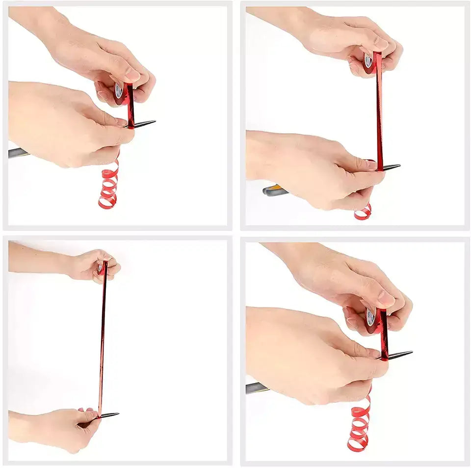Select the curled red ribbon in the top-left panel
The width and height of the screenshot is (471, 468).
pos(109,187)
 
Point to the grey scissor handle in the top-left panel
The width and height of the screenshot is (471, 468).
pos(16,153)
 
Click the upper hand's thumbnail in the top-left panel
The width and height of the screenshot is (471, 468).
pos(133,74)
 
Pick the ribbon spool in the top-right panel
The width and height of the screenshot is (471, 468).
pos(369,62)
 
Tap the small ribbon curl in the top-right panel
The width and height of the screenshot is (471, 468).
pos(363,212)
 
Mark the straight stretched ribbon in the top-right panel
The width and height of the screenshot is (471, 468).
pos(379,118)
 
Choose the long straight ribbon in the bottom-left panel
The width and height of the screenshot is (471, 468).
pos(103,339)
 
